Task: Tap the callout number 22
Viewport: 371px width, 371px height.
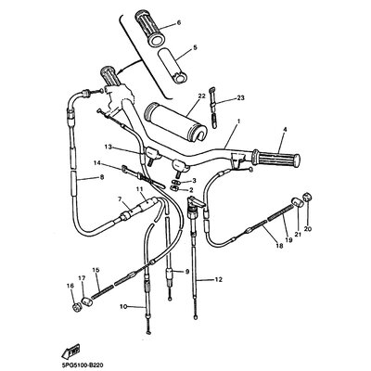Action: click(x=201, y=96)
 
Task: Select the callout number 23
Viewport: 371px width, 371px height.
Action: click(x=240, y=98)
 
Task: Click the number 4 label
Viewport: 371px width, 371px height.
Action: click(x=285, y=129)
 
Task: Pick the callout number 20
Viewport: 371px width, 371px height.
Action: click(x=308, y=229)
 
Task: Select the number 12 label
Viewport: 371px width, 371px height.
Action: click(x=219, y=279)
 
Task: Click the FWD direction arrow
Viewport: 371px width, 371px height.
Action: click(x=70, y=351)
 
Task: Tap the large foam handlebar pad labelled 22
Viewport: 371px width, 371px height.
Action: click(x=175, y=121)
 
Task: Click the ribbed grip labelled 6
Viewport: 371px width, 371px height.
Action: click(x=149, y=29)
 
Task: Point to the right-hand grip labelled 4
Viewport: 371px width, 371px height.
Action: click(x=276, y=159)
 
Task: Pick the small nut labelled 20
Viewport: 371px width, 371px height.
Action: click(x=308, y=197)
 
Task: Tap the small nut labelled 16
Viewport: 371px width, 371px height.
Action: click(x=77, y=307)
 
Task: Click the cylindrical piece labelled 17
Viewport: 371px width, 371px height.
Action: click(x=86, y=301)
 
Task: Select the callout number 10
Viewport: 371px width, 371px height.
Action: click(x=123, y=307)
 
